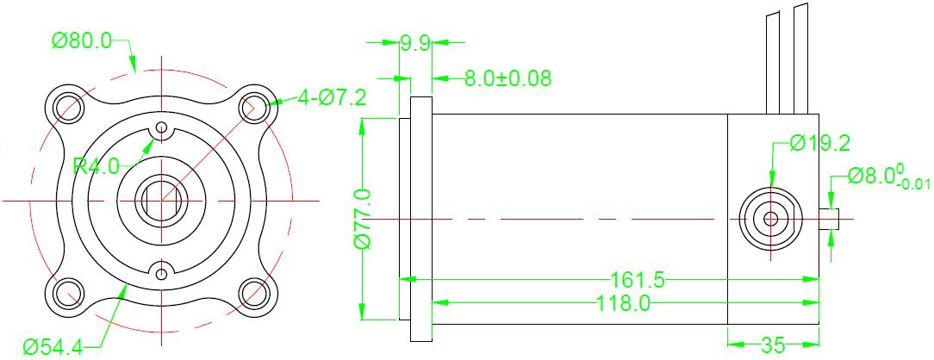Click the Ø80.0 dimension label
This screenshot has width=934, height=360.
pyautogui.click(x=82, y=41)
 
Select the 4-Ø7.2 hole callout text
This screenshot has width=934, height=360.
pyautogui.click(x=333, y=97)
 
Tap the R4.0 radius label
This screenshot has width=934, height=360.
pyautogui.click(x=96, y=165)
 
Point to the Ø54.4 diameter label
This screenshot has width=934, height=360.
pyautogui.click(x=53, y=346)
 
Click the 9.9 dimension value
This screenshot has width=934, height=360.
pyautogui.click(x=415, y=43)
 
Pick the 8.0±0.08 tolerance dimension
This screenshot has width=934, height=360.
pyautogui.click(x=508, y=78)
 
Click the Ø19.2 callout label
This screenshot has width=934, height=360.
pyautogui.click(x=820, y=144)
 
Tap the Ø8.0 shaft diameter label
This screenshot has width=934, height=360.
pyautogui.click(x=888, y=177)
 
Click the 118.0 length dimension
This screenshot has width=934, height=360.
pyautogui.click(x=624, y=303)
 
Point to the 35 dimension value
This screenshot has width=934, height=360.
pyautogui.click(x=773, y=344)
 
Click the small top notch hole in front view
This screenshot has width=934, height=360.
pyautogui.click(x=161, y=127)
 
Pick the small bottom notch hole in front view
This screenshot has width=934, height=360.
pyautogui.click(x=161, y=274)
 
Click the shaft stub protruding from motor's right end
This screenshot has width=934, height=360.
pyautogui.click(x=829, y=219)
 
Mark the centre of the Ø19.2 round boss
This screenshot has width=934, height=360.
pyautogui.click(x=770, y=219)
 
